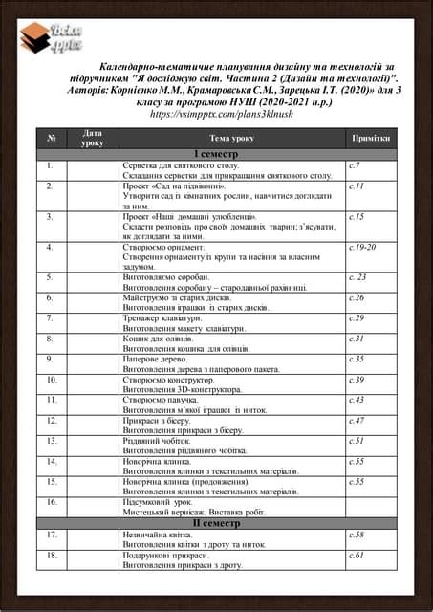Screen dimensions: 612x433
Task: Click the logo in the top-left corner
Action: point(54,38)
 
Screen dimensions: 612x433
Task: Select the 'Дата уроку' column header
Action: point(93,138)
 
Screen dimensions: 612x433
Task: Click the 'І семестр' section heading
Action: point(216,154)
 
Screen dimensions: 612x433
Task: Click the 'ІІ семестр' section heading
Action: point(216,523)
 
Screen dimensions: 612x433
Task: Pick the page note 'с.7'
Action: point(355,165)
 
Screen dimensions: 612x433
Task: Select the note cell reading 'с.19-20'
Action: point(362,246)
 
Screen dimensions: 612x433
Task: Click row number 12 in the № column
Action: point(52,420)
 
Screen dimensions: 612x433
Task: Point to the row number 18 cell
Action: point(52,555)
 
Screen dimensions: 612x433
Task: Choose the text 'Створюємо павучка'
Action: point(162,400)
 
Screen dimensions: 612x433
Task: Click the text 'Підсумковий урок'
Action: point(159,501)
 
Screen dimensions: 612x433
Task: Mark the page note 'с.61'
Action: point(357,555)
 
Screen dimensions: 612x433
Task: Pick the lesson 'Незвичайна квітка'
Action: point(160,535)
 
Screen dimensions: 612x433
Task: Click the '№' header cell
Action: point(51,138)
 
